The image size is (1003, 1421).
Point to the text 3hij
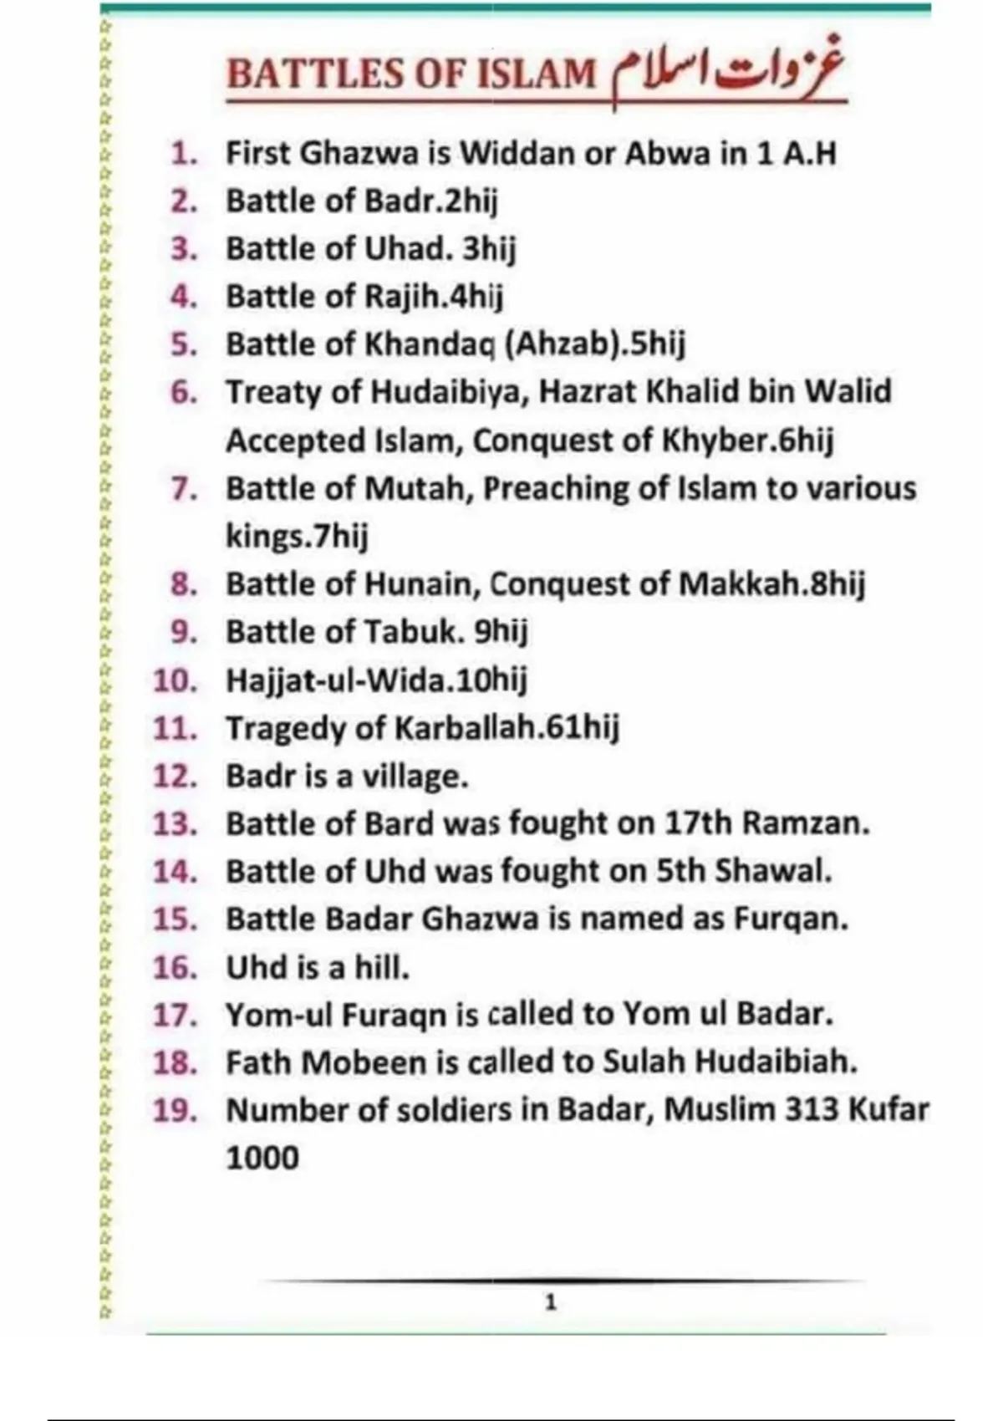pyautogui.click(x=489, y=249)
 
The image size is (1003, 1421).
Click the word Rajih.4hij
pyautogui.click(x=434, y=297)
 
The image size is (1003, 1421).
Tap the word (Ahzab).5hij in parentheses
pyautogui.click(x=594, y=344)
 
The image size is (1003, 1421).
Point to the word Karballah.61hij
pyautogui.click(x=507, y=728)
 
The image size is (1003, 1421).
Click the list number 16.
pyautogui.click(x=175, y=967)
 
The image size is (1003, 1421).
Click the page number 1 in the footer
pyautogui.click(x=550, y=1302)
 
